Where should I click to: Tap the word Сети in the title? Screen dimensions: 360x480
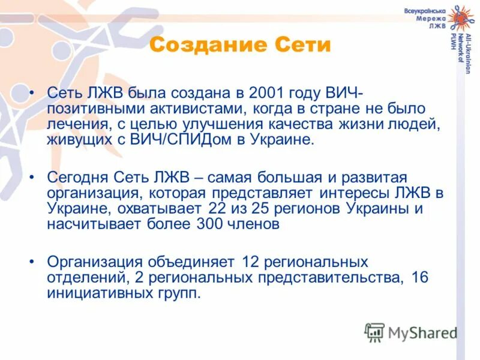[x=302, y=45]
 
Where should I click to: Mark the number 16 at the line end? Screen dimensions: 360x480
[x=421, y=278]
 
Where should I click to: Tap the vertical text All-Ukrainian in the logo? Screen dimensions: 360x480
[x=466, y=54]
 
